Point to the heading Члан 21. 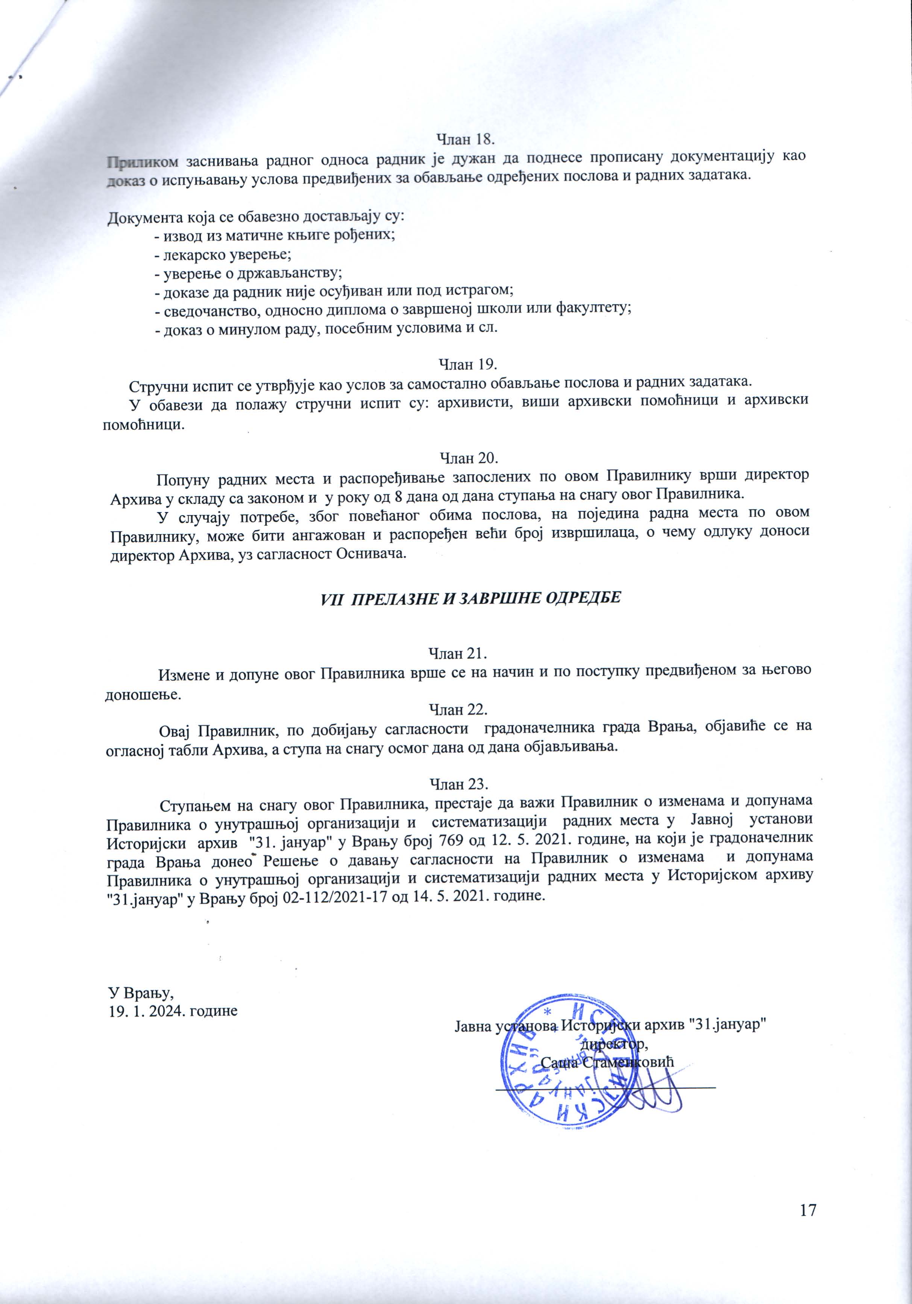(459, 653)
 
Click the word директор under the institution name (612, 1043)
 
